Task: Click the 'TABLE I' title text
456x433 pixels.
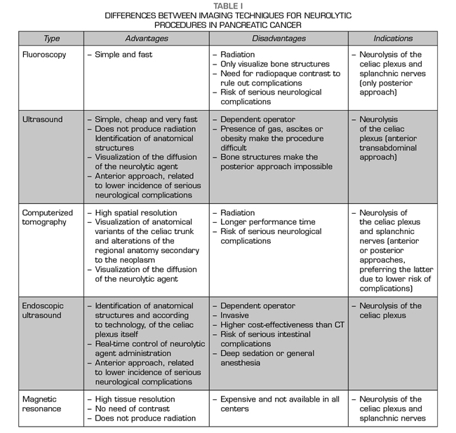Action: click(228, 6)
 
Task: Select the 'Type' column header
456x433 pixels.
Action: click(51, 39)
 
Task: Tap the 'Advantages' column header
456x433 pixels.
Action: click(146, 39)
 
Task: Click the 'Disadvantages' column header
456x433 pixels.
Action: click(279, 39)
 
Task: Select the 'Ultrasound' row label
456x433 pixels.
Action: click(43, 120)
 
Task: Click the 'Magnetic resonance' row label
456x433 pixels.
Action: click(41, 404)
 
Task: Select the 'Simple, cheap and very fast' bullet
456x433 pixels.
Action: click(147, 120)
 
